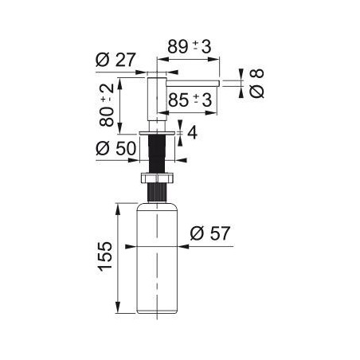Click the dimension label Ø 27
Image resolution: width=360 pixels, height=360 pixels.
[x=115, y=60]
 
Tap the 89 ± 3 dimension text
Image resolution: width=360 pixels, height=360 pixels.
[x=190, y=47]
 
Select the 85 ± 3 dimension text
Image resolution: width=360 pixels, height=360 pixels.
[x=190, y=100]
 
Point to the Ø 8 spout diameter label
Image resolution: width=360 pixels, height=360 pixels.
[x=256, y=83]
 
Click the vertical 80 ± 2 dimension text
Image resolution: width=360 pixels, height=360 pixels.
[x=107, y=104]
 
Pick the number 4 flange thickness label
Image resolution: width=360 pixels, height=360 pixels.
[x=192, y=132]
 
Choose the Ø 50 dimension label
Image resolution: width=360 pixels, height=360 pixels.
[x=116, y=148]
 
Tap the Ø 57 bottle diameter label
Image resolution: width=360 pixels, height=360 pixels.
[x=210, y=233]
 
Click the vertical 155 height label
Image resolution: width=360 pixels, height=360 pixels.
[x=105, y=256]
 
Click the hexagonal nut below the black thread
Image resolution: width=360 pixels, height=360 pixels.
[x=157, y=178]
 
